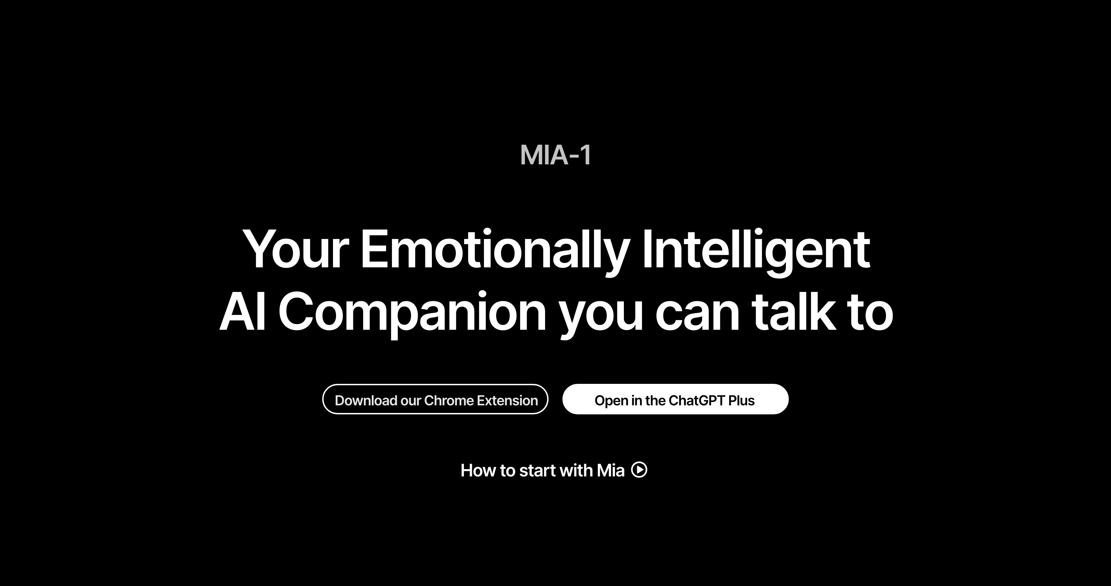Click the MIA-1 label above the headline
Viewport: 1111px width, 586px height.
pos(555,155)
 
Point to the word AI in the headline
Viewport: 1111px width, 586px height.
pos(243,311)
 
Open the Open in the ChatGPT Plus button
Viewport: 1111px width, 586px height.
pos(675,399)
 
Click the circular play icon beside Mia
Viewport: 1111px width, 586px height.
pos(639,469)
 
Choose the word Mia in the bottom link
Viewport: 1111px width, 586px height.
pos(610,471)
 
